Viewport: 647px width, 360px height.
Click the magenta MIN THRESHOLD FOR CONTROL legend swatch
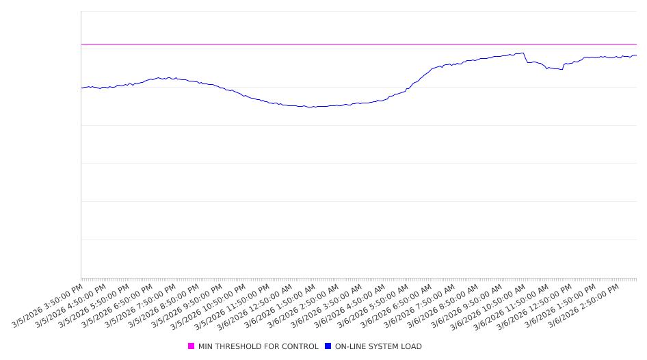coord(191,346)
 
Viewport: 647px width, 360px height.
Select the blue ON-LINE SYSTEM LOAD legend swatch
coord(328,346)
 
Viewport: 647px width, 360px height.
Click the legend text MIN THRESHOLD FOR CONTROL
coord(258,346)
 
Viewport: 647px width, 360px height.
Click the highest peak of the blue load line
coord(523,53)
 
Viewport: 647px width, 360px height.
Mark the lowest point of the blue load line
coord(309,107)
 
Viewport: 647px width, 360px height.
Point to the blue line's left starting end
coord(82,88)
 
